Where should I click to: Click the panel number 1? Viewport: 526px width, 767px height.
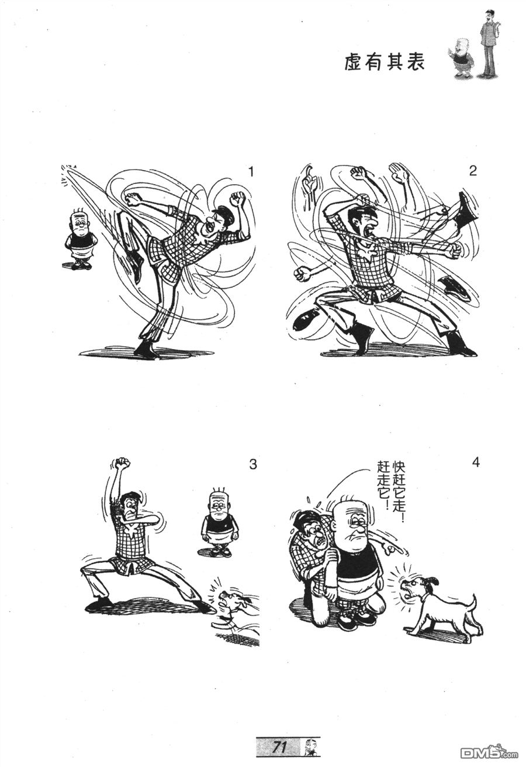(251, 171)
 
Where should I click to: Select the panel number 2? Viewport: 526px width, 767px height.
(473, 171)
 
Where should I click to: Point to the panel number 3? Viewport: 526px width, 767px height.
(253, 465)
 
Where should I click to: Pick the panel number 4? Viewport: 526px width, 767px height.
(476, 462)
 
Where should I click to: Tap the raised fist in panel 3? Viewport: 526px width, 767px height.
(123, 463)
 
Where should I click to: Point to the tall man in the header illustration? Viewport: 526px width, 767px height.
(489, 44)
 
